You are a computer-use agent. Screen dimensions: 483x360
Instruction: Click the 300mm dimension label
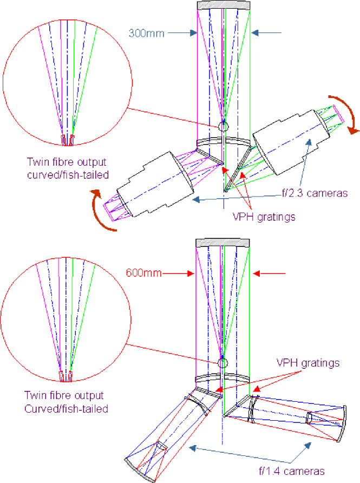pyautogui.click(x=143, y=32)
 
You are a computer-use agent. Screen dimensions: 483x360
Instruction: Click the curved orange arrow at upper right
pyautogui.click(x=345, y=113)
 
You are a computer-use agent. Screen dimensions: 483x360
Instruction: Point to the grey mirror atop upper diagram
pyautogui.click(x=223, y=5)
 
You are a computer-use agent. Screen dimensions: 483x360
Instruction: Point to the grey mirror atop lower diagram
pyautogui.click(x=222, y=242)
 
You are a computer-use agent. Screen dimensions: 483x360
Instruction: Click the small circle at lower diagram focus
pyautogui.click(x=221, y=362)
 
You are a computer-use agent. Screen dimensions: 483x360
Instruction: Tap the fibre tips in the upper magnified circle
pyautogui.click(x=67, y=140)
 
